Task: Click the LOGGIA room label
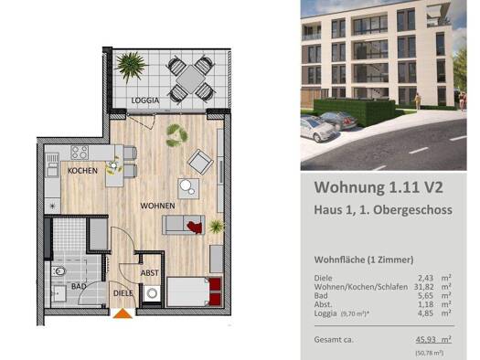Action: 144,100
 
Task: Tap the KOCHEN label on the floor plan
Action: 82,171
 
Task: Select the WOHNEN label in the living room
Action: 158,206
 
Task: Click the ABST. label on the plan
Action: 150,272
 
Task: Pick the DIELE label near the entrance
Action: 123,292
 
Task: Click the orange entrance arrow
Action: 122,313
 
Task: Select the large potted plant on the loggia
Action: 132,67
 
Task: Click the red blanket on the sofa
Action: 193,227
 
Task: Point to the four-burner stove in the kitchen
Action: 80,153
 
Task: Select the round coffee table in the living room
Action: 188,189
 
